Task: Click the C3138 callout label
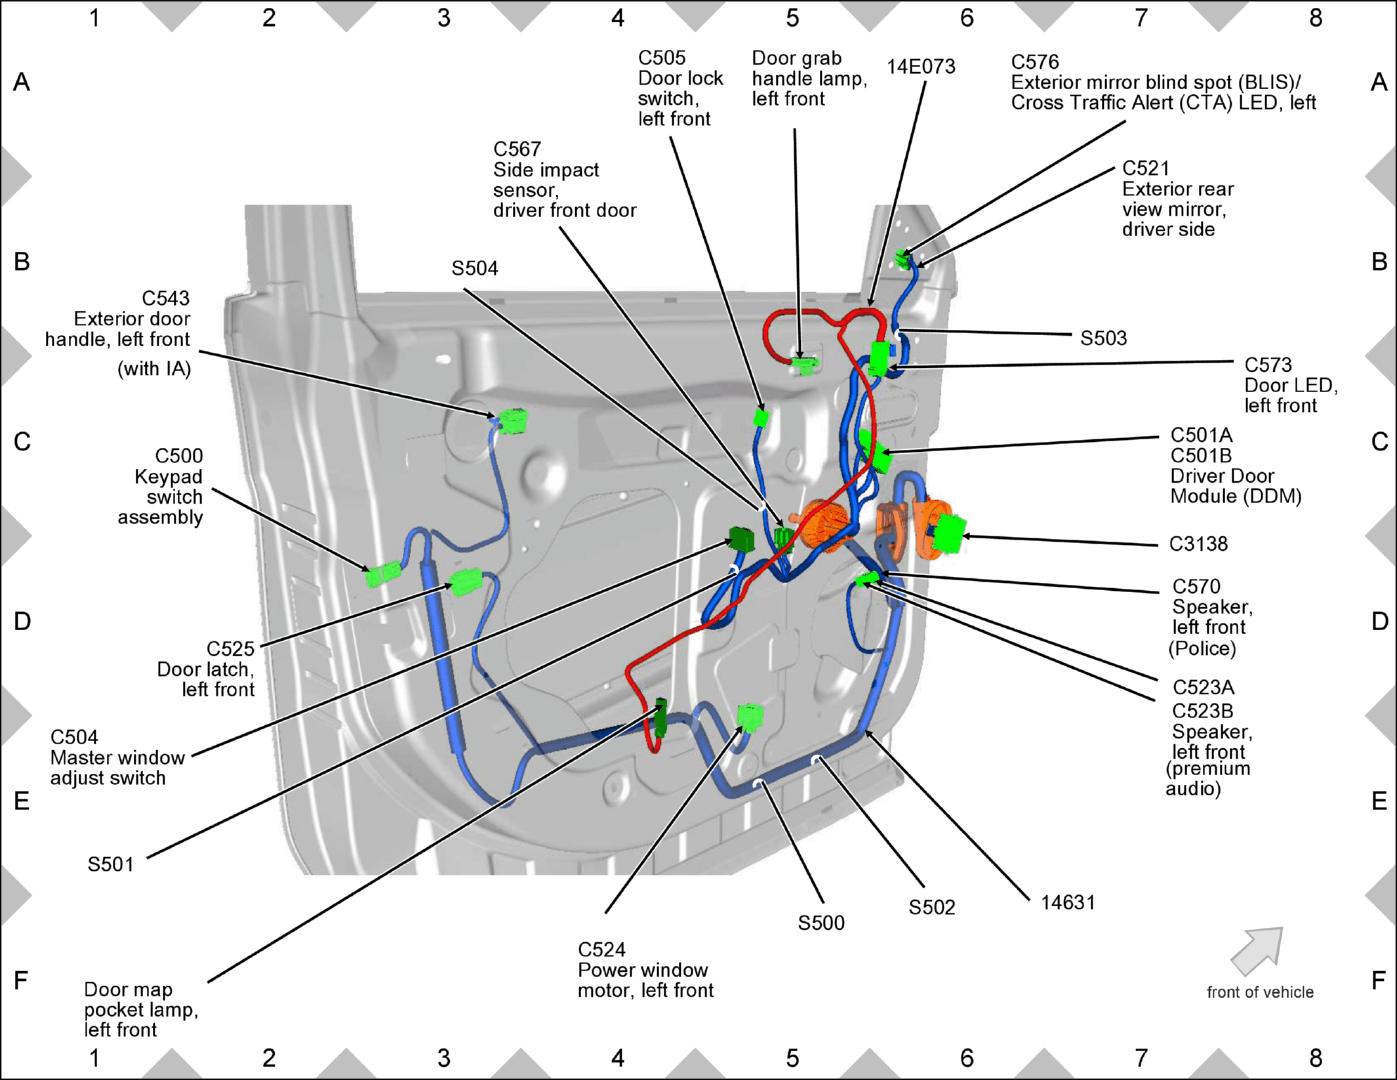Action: click(x=1198, y=544)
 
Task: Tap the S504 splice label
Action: click(x=475, y=268)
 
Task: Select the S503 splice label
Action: click(x=1103, y=338)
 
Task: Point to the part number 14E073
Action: click(x=921, y=66)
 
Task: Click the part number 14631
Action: click(x=1068, y=902)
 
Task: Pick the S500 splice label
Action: click(x=821, y=923)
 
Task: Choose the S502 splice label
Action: click(x=931, y=907)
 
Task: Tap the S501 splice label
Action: click(x=111, y=864)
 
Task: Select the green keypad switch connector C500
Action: click(x=383, y=574)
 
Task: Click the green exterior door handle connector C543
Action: click(x=513, y=421)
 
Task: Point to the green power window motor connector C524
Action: click(x=750, y=716)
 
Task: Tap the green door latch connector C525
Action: click(x=466, y=582)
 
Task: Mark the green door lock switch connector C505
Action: click(x=761, y=418)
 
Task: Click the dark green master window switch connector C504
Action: click(x=742, y=539)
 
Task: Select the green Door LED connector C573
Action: click(x=879, y=359)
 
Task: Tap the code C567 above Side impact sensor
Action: click(x=517, y=149)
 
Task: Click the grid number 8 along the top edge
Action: click(x=1316, y=18)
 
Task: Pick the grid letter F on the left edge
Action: click(x=21, y=980)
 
